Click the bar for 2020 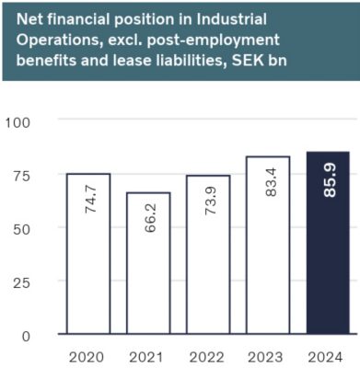point(87,254)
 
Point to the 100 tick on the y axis point(19,122)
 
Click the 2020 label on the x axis point(87,355)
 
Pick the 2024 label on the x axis point(329,355)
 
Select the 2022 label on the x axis point(208,355)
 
